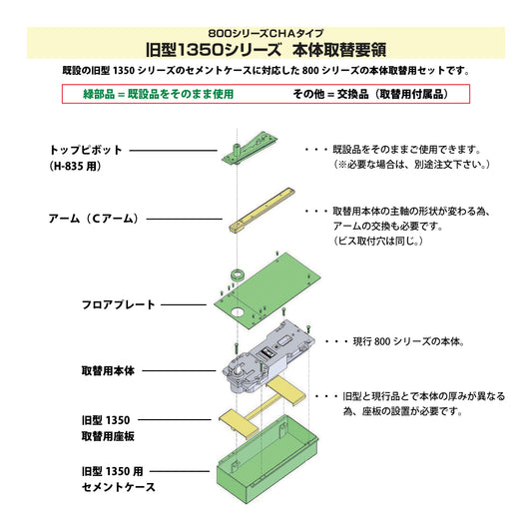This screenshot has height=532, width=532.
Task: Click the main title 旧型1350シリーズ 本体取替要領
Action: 266,48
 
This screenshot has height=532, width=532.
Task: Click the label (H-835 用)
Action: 76,167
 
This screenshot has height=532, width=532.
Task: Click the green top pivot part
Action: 256,143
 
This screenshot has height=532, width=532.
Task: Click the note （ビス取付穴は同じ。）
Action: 379,242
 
